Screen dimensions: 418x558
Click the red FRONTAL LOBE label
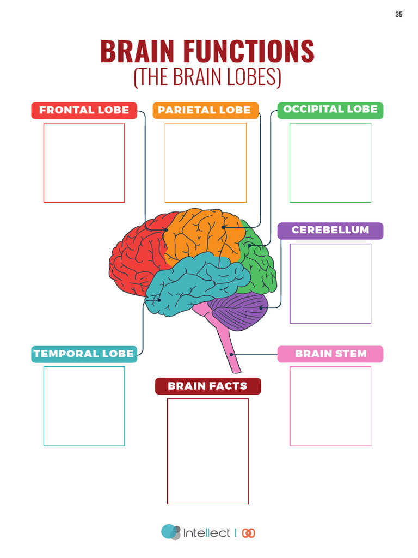(x=84, y=110)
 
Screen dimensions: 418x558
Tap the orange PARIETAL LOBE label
(x=205, y=110)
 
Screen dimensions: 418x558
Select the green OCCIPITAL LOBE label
(x=330, y=110)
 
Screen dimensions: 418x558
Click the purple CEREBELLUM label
(x=330, y=231)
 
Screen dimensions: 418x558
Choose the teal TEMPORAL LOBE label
(x=84, y=354)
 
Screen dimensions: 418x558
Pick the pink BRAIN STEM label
(x=330, y=354)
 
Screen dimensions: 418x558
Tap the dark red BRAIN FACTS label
(x=208, y=386)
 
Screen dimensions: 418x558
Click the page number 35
(x=399, y=14)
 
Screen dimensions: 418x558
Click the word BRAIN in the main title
(x=137, y=51)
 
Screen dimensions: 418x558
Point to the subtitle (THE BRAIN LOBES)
(x=207, y=76)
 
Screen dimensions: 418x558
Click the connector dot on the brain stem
(x=231, y=355)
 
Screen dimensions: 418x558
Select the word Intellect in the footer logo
(x=206, y=533)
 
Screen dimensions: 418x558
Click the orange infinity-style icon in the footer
(x=248, y=533)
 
